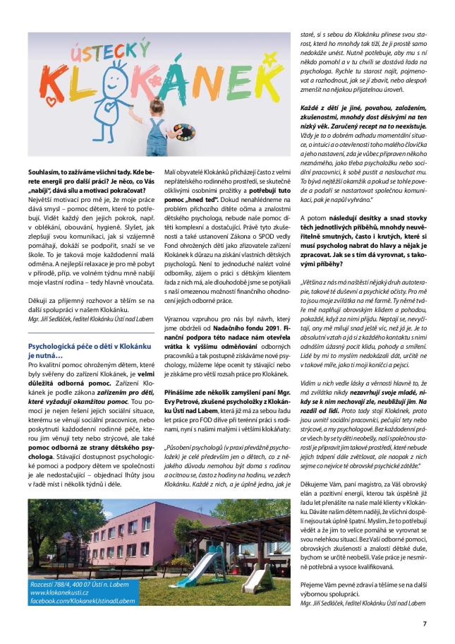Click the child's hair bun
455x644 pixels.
(x=156, y=102)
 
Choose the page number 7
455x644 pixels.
(x=425, y=624)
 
